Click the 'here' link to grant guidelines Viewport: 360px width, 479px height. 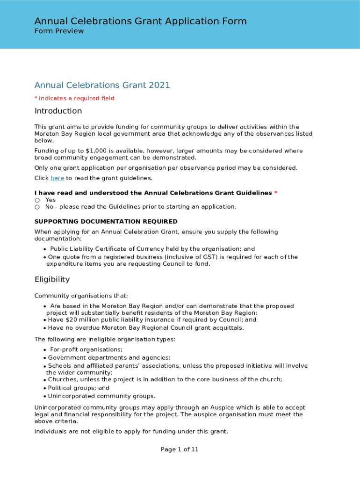[57, 178]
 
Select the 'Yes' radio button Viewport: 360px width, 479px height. [37, 200]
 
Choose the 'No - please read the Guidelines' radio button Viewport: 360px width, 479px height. [37, 207]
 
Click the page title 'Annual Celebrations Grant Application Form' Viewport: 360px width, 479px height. [140, 21]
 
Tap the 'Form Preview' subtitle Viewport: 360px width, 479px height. [59, 31]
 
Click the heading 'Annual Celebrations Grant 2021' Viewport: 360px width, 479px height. [102, 85]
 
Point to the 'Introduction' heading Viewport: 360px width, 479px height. [58, 111]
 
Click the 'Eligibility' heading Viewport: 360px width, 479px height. [52, 279]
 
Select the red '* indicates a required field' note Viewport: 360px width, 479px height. [74, 98]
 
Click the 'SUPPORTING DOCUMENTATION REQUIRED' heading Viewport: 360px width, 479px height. [106, 222]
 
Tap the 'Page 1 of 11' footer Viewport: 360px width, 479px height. [180, 450]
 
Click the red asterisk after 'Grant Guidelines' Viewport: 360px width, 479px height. [276, 193]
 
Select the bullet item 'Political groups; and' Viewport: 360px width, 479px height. [79, 388]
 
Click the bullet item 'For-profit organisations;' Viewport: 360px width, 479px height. [86, 349]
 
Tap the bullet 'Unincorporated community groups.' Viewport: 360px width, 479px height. [101, 396]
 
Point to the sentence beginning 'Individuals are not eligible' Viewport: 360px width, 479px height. [131, 431]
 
